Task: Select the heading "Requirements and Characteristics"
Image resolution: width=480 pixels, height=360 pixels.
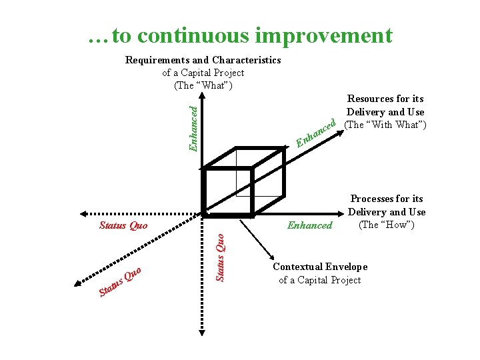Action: pos(203,60)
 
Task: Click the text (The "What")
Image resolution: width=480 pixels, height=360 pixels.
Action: pos(203,85)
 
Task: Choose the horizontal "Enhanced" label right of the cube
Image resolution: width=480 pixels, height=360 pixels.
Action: pos(309,225)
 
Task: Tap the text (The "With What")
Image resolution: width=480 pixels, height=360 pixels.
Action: pos(385,124)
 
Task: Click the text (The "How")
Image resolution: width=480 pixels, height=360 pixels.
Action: pos(387,224)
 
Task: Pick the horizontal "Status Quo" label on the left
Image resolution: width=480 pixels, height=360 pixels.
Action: pos(123,225)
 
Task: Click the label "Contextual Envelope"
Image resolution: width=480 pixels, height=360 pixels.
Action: pos(320,267)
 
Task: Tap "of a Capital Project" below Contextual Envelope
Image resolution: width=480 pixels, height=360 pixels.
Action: pos(320,280)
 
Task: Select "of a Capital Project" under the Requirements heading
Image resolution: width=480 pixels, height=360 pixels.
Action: pos(203,73)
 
